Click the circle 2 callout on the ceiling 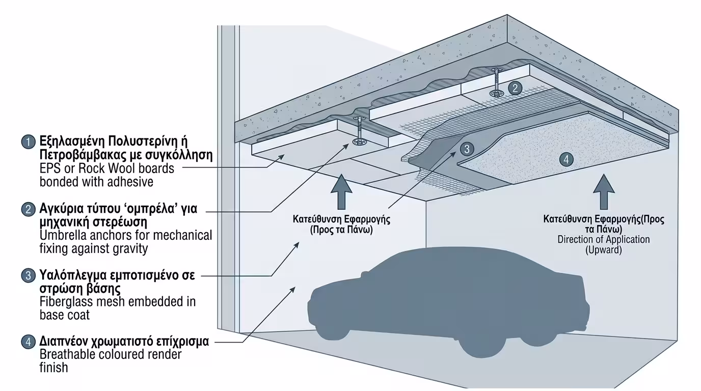[x=516, y=88]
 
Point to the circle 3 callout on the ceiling [x=467, y=149]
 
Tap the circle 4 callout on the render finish [x=566, y=159]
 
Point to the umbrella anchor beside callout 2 [x=495, y=81]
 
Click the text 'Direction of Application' [x=603, y=239]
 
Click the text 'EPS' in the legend [x=49, y=168]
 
